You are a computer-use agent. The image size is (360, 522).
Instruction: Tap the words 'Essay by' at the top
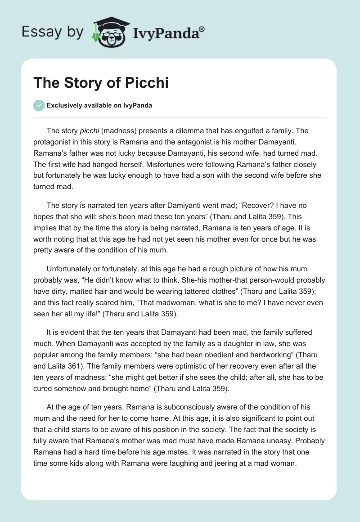[x=53, y=32]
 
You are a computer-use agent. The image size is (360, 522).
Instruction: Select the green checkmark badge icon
[x=39, y=105]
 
